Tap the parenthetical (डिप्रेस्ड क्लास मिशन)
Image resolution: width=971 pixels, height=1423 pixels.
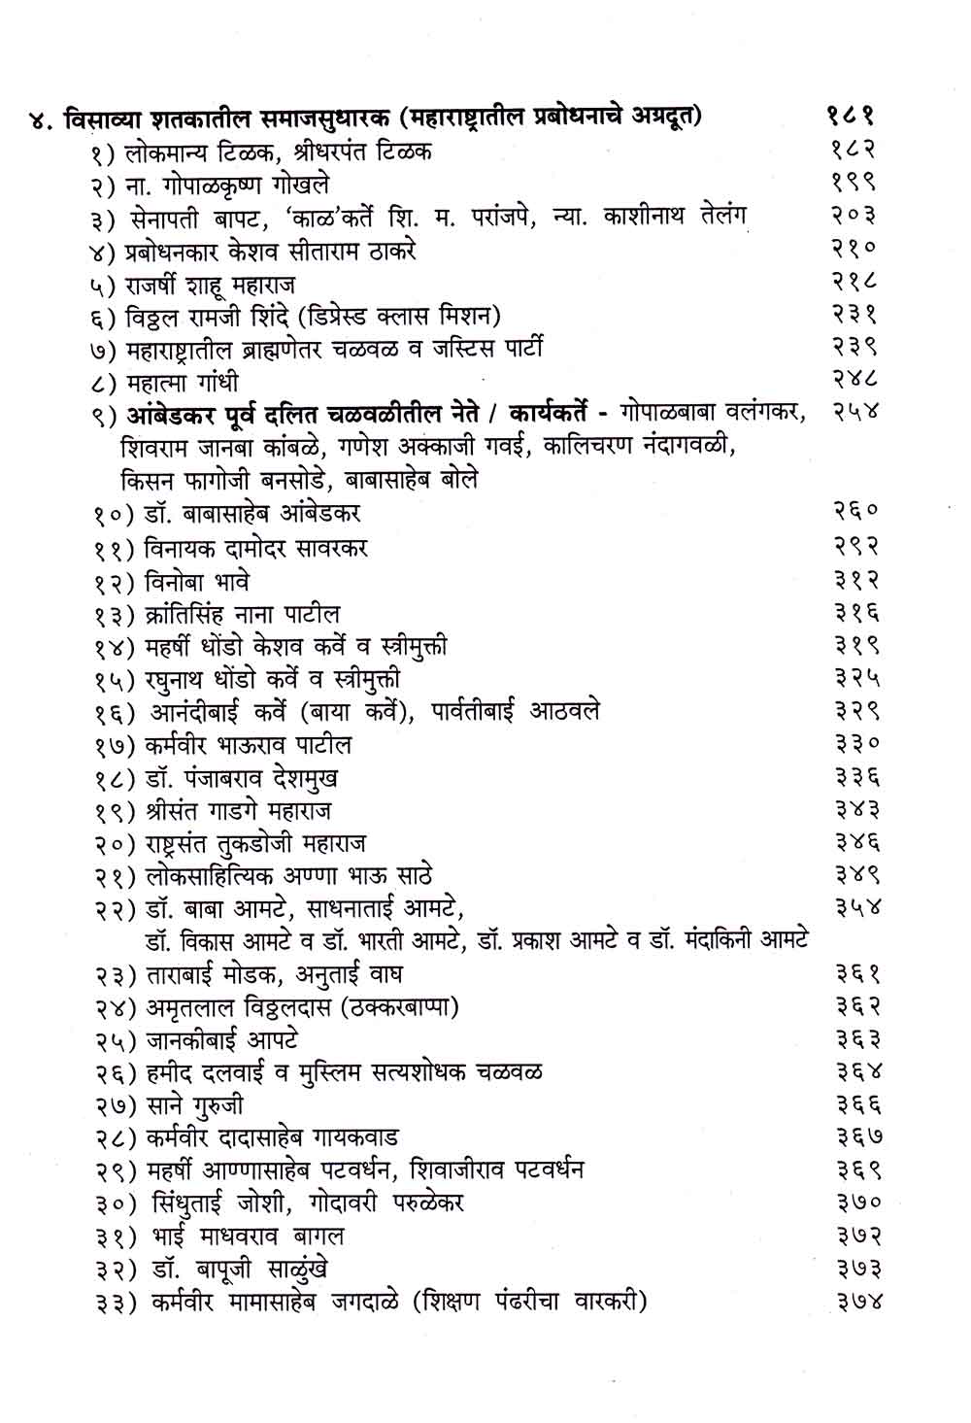coord(401,316)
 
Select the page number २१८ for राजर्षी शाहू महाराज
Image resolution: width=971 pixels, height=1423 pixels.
coord(855,283)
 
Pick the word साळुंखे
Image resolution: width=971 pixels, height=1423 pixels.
coord(289,1269)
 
